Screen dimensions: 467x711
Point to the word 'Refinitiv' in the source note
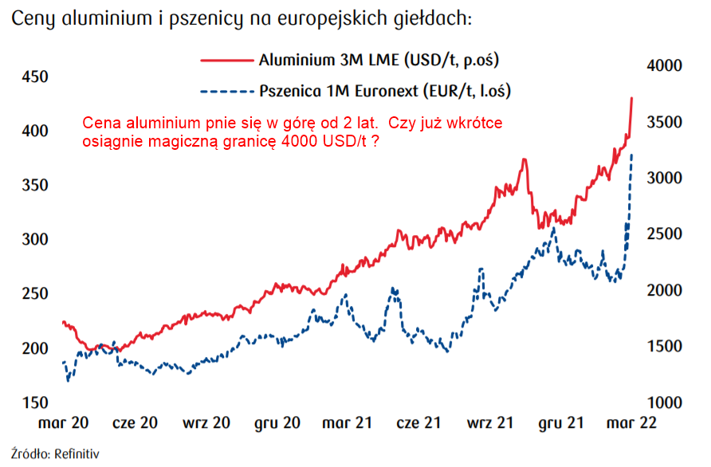[77, 454]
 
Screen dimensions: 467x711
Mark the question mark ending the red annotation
[374, 141]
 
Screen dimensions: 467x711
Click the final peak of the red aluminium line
[631, 98]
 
